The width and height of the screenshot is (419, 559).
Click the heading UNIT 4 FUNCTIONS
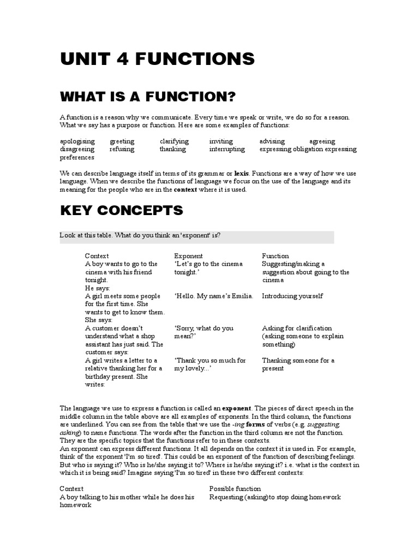(x=157, y=58)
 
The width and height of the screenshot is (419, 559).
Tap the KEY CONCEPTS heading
(x=121, y=210)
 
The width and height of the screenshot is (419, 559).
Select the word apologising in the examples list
(x=77, y=141)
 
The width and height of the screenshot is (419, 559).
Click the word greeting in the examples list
(x=122, y=141)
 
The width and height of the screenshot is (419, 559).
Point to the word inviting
(x=221, y=141)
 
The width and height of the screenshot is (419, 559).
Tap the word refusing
(x=121, y=149)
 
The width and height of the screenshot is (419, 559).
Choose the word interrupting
(x=227, y=149)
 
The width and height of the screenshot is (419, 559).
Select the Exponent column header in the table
(x=188, y=256)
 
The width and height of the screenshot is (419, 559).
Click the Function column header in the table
(x=276, y=256)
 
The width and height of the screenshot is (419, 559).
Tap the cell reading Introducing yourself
(x=292, y=296)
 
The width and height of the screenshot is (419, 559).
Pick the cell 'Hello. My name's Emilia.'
(x=214, y=296)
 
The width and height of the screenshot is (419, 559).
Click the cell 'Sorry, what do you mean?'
(x=203, y=332)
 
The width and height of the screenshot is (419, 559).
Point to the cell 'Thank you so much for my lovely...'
(x=210, y=364)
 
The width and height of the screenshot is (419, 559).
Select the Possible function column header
(x=235, y=489)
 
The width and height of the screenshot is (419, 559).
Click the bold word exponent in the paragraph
(x=236, y=408)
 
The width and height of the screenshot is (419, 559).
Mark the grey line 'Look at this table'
(x=196, y=236)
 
